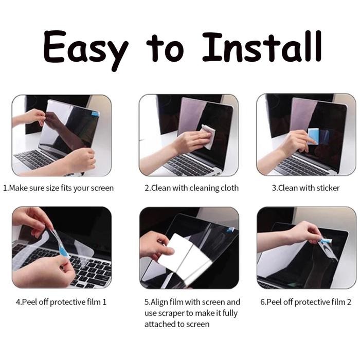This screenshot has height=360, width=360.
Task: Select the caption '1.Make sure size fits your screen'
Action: coord(58,188)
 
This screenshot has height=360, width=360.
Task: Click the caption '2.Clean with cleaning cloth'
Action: coord(191,188)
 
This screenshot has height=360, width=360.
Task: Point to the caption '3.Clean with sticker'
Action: coord(305,188)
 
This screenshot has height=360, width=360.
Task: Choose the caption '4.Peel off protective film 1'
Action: coord(61,302)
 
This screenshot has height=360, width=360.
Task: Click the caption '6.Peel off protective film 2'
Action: coord(307,302)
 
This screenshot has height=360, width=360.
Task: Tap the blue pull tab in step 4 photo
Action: coord(63,250)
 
